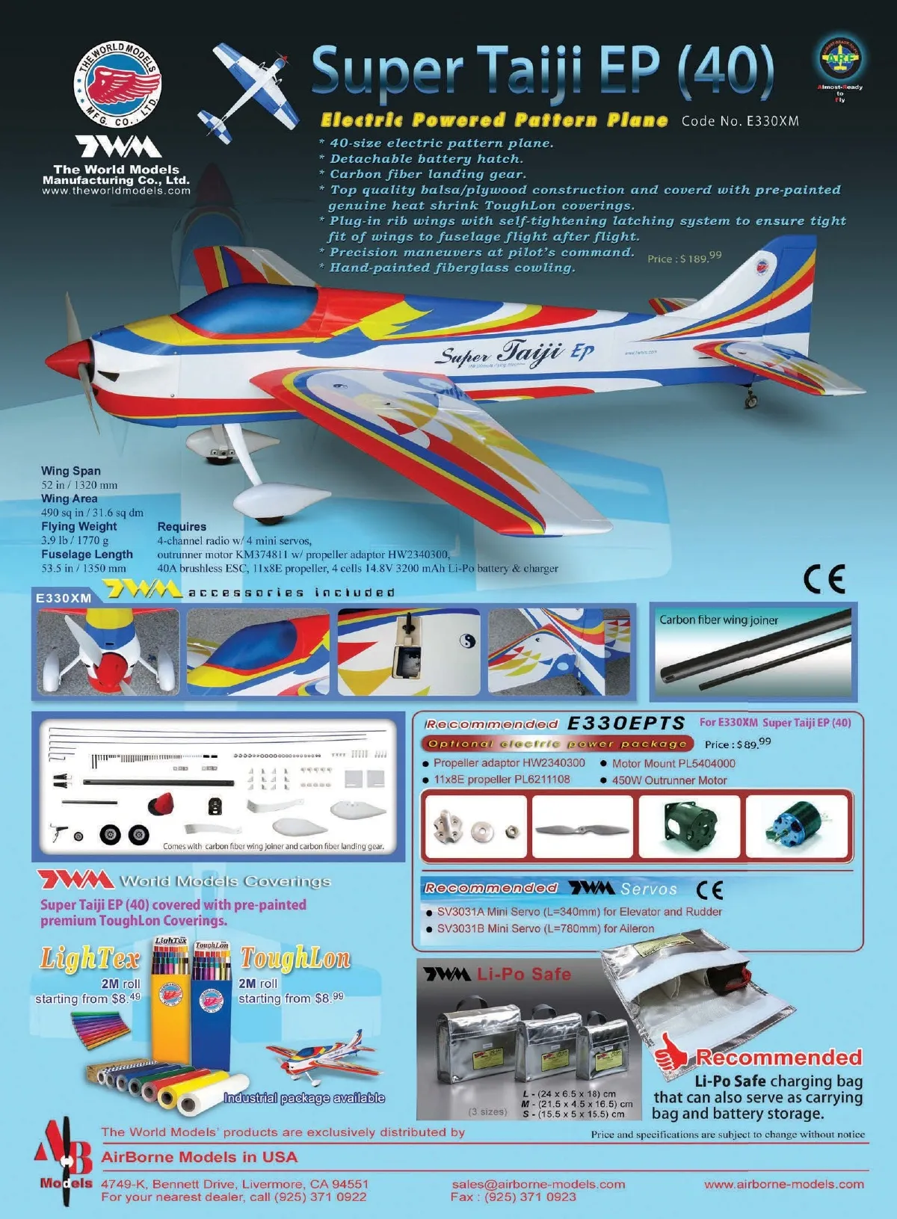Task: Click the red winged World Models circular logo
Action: coord(117,84)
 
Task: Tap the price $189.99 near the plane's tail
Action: coord(684,258)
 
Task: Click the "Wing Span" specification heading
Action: coord(71,471)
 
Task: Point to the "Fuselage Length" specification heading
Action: coord(87,555)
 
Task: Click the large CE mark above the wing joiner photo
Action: coord(824,578)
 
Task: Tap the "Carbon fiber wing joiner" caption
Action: coord(718,620)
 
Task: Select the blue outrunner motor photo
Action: coord(798,827)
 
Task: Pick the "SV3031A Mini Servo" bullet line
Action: coord(579,912)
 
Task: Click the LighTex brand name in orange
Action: coord(90,958)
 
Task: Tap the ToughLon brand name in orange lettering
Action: coord(295,958)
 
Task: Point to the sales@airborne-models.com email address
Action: coord(538,1184)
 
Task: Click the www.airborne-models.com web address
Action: coord(783,1184)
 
